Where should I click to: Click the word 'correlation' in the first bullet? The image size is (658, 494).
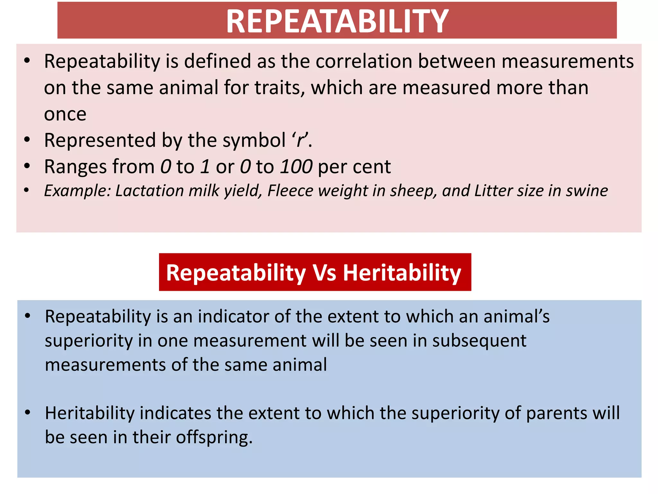pyautogui.click(x=364, y=61)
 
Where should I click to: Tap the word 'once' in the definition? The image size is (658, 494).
pyautogui.click(x=65, y=114)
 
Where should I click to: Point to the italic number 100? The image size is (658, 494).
pyautogui.click(x=296, y=167)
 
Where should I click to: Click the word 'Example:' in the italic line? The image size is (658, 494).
pyautogui.click(x=77, y=191)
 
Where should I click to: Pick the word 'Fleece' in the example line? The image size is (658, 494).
pyautogui.click(x=290, y=191)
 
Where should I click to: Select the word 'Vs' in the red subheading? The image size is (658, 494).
pyautogui.click(x=325, y=273)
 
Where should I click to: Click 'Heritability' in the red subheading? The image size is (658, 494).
pyautogui.click(x=402, y=273)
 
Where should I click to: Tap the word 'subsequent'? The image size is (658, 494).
pyautogui.click(x=479, y=341)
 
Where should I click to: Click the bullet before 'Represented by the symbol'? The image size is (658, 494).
pyautogui.click(x=27, y=140)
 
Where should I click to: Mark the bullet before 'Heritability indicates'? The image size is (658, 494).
pyautogui.click(x=28, y=412)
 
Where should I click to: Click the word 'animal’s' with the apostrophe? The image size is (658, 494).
pyautogui.click(x=517, y=316)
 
